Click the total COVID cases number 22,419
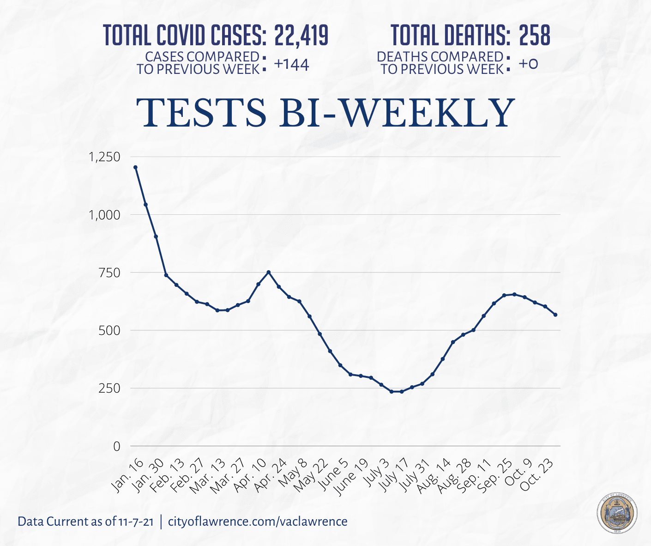coord(301,36)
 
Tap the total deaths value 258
coord(535,36)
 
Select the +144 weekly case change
coord(291,65)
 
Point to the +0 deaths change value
coord(528,64)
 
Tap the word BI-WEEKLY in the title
coord(396,113)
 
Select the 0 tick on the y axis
coord(116,446)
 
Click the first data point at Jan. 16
coord(135,167)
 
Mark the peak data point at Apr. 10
coord(269,272)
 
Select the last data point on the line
coord(555,315)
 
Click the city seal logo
coord(617,514)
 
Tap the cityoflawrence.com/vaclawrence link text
coord(258,522)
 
